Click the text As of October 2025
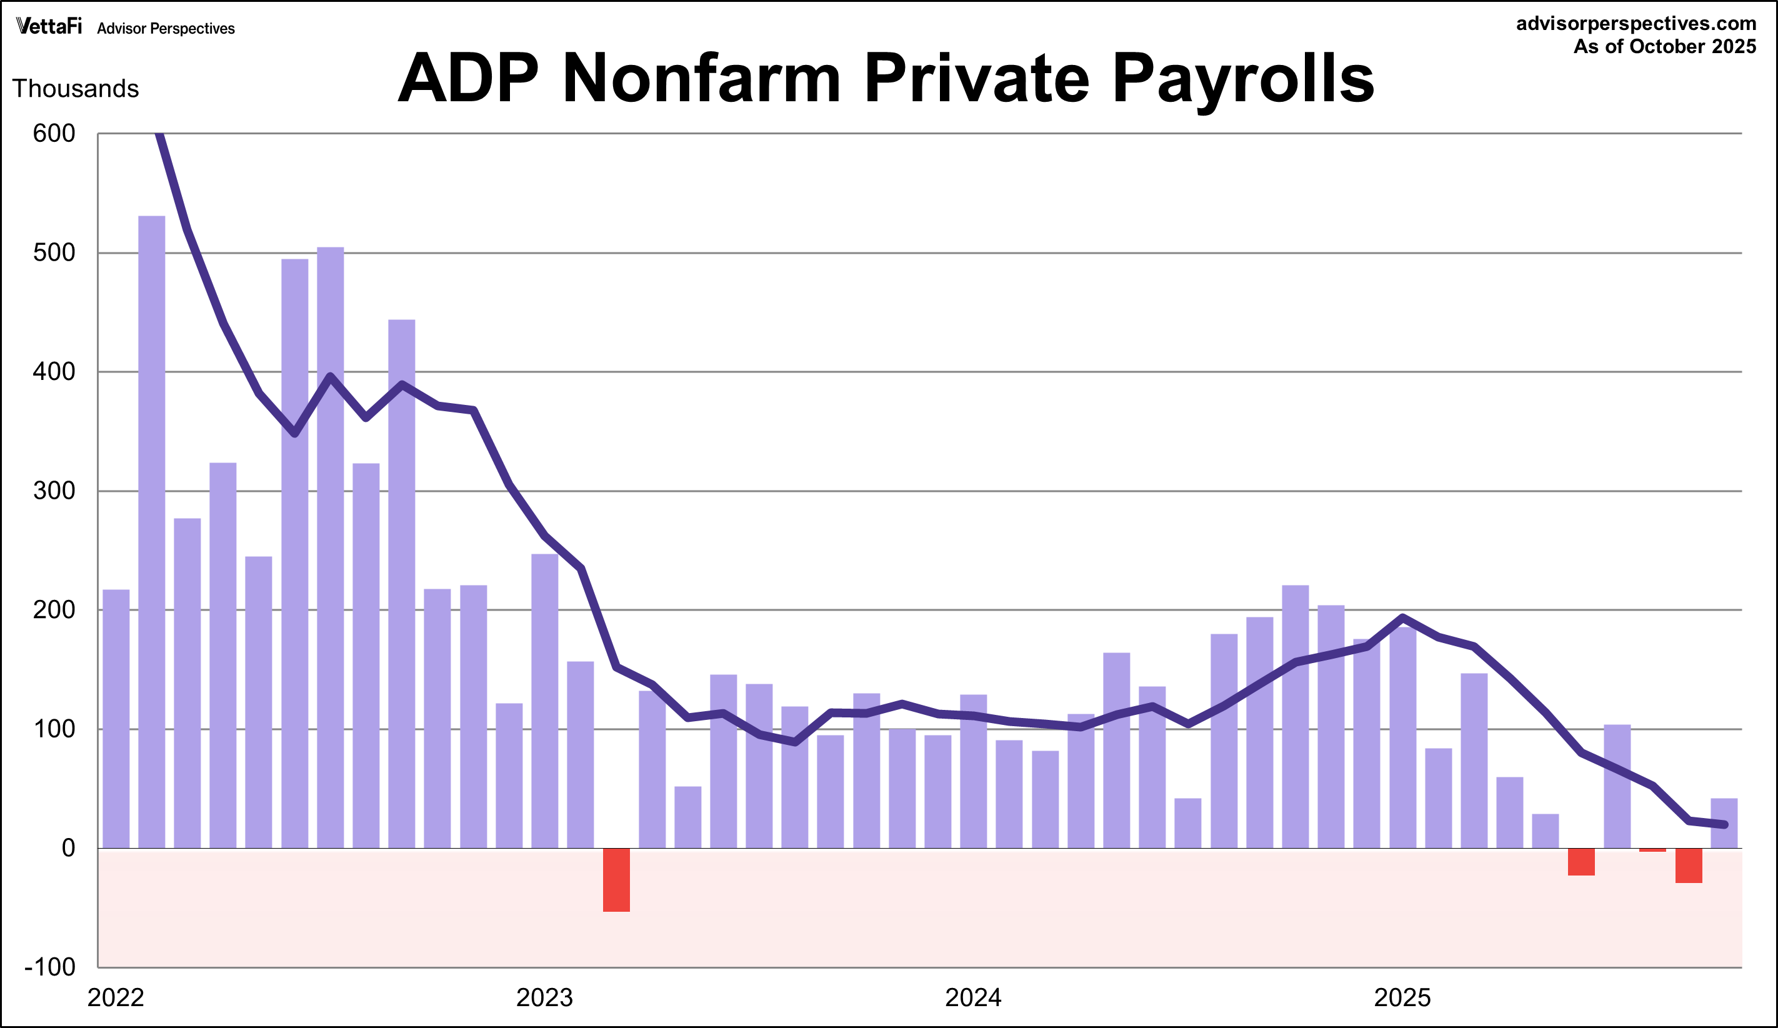click(1664, 47)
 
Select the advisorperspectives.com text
click(1636, 23)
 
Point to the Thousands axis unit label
click(76, 89)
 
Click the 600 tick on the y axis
click(54, 133)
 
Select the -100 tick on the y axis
click(49, 967)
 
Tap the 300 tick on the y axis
click(54, 491)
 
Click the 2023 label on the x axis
click(544, 997)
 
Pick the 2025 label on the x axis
click(1402, 997)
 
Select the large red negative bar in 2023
click(616, 880)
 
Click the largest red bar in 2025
click(1689, 866)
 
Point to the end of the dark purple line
click(1724, 824)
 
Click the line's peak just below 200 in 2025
click(1402, 618)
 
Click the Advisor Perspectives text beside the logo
click(166, 29)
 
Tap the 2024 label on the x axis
click(973, 997)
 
